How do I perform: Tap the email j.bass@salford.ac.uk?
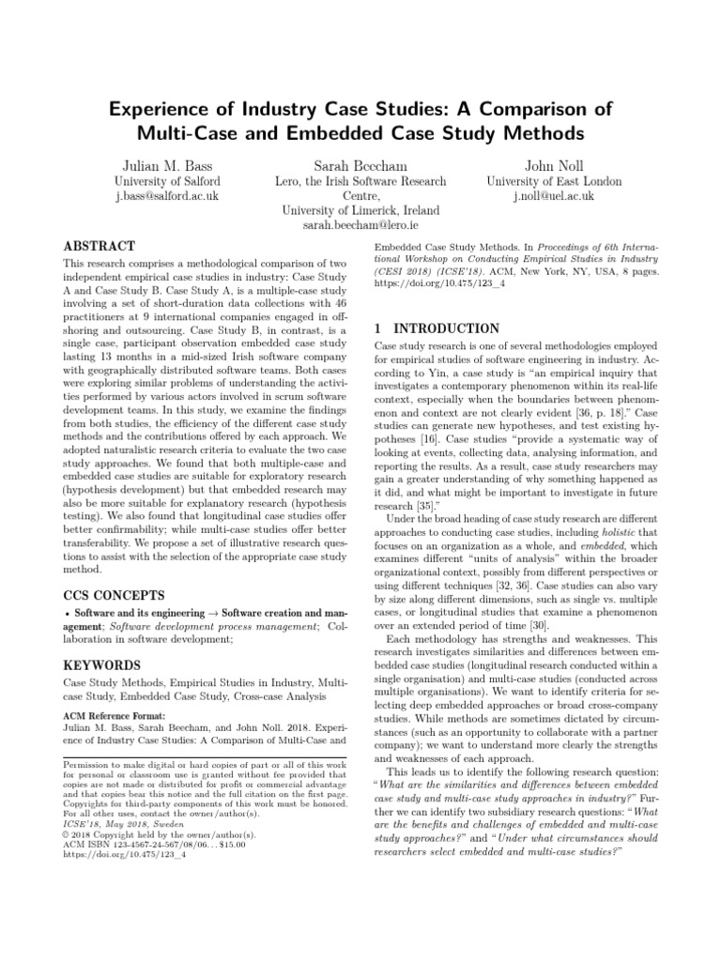point(167,197)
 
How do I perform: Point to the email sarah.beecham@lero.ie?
point(360,226)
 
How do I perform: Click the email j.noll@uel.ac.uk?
point(553,197)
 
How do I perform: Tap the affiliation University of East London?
point(553,180)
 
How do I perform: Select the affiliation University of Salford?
point(167,180)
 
